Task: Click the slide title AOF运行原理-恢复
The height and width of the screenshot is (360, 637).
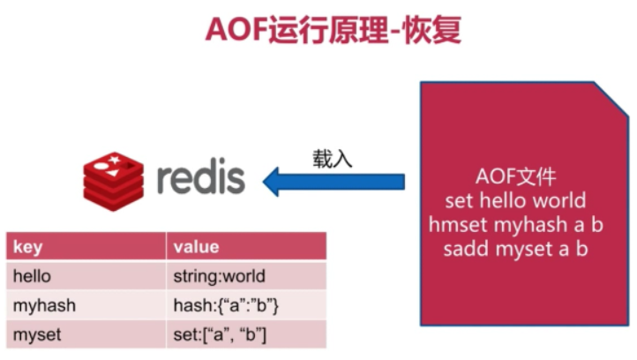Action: point(333,30)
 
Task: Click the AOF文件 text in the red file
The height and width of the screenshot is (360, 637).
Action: point(515,176)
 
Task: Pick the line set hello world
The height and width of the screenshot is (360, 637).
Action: point(515,200)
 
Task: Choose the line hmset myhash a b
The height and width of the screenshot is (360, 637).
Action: point(515,224)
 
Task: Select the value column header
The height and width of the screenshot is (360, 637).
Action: point(196,246)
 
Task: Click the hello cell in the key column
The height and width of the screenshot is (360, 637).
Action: point(32,276)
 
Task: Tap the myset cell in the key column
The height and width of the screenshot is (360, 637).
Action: point(37,334)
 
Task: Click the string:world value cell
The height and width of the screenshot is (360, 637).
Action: point(219,276)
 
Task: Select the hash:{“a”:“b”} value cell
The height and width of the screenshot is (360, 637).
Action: point(227,305)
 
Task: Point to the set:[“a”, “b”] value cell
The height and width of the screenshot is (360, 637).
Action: point(220,334)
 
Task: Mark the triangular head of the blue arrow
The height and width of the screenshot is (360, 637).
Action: point(281,181)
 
